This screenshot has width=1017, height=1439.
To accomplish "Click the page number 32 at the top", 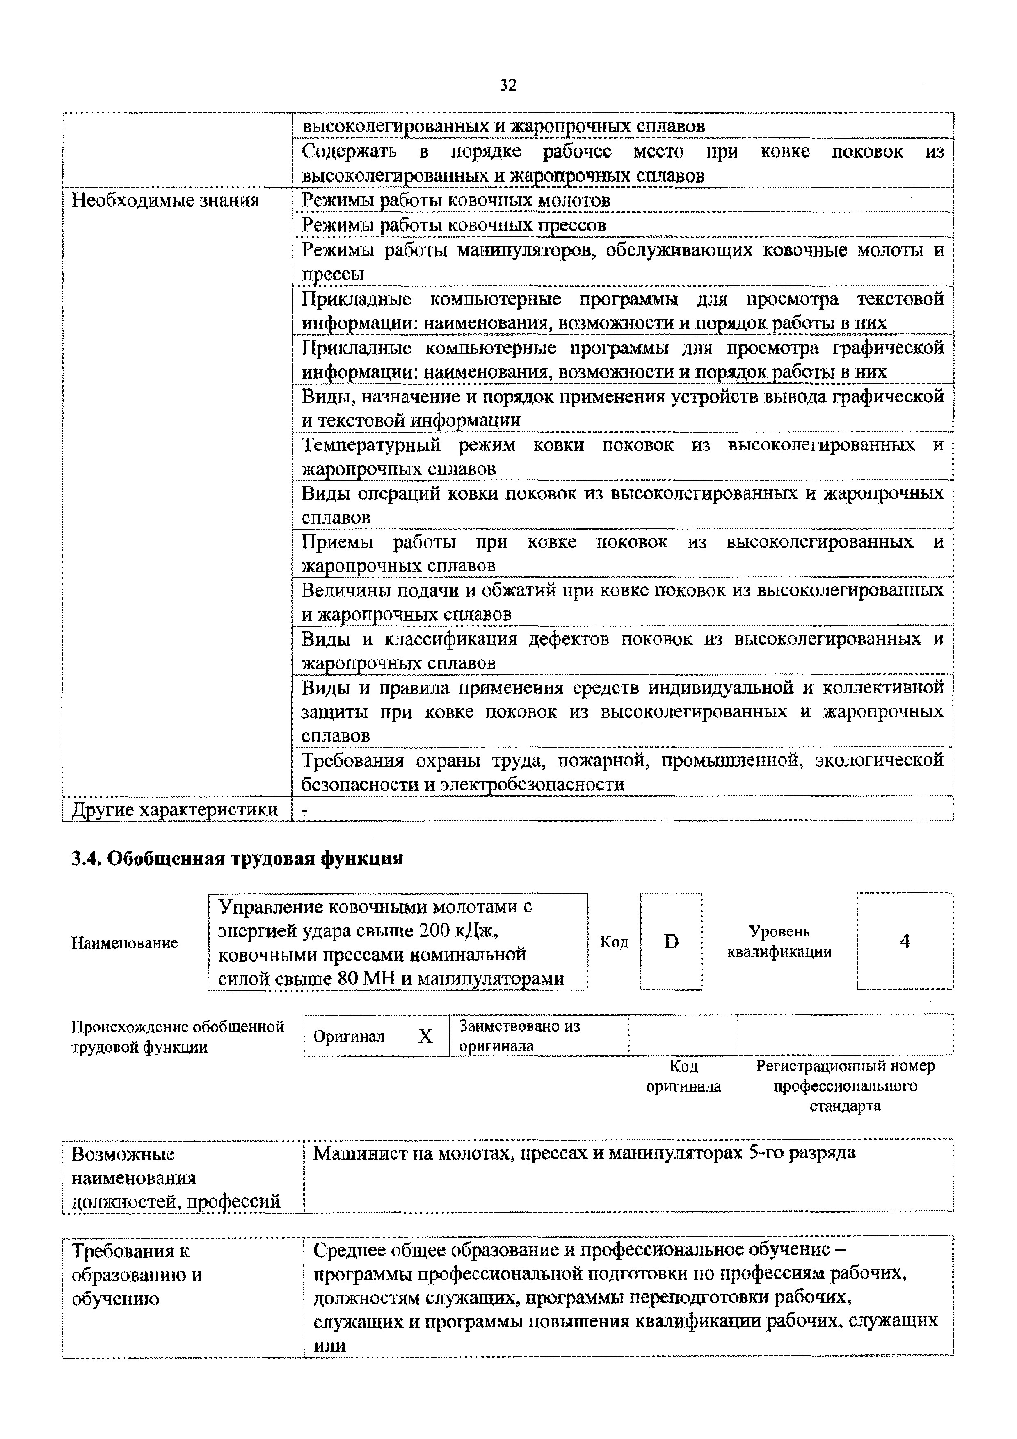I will pyautogui.click(x=508, y=85).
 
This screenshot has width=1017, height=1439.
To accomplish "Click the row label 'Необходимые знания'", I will pyautogui.click(x=165, y=201).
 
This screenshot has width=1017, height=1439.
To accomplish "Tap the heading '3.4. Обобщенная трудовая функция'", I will pyautogui.click(x=237, y=859).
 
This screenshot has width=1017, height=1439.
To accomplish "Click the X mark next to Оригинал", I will pyautogui.click(x=425, y=1036).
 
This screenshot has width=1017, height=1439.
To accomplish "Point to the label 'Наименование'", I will pyautogui.click(x=125, y=943).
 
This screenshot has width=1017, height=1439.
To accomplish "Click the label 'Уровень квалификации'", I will pyautogui.click(x=779, y=941).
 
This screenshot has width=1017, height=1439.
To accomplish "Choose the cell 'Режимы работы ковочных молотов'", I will pyautogui.click(x=456, y=201).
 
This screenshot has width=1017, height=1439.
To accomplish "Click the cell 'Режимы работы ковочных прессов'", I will pyautogui.click(x=454, y=225).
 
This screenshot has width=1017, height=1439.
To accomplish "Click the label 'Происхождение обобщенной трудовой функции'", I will pyautogui.click(x=177, y=1037).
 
